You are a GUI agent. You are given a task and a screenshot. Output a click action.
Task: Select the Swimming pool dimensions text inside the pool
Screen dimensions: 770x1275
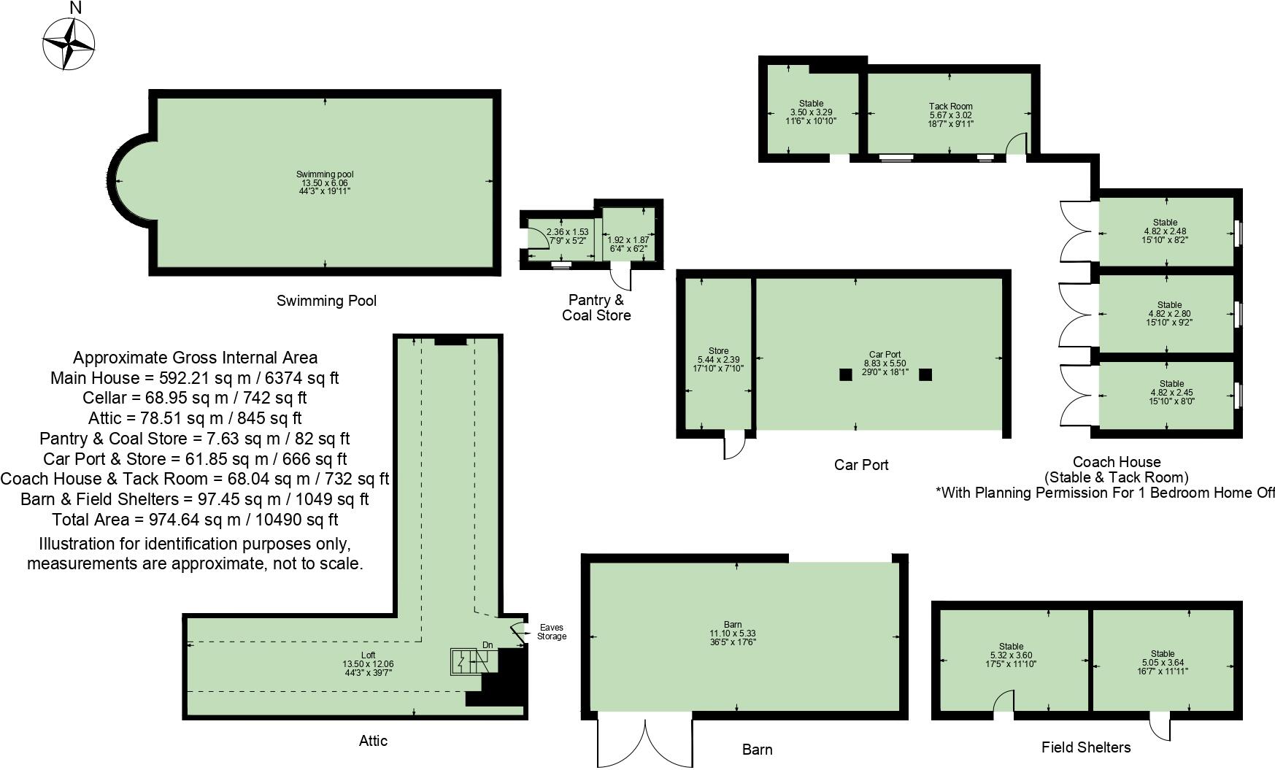click(x=325, y=182)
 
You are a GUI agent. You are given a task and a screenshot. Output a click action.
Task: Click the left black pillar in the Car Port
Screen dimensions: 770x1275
click(x=845, y=374)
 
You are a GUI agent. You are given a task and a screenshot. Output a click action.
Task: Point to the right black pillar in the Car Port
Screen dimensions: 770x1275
click(x=925, y=374)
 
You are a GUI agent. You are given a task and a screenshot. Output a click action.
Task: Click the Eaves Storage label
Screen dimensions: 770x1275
click(x=551, y=632)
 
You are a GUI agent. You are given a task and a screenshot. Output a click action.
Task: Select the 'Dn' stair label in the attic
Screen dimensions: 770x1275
click(x=488, y=645)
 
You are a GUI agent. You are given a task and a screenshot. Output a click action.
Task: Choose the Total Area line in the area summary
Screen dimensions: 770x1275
click(x=195, y=520)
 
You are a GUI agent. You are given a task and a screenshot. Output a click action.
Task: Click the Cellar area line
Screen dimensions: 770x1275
click(x=195, y=398)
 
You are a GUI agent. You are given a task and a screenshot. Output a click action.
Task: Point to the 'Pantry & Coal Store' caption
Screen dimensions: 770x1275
click(x=596, y=307)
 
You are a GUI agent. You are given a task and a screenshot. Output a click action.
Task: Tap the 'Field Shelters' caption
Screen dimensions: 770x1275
click(x=1085, y=747)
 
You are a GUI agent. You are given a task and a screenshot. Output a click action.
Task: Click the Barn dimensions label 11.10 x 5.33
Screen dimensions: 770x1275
click(x=733, y=634)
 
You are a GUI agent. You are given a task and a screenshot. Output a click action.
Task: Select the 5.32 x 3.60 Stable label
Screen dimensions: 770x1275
click(x=1011, y=655)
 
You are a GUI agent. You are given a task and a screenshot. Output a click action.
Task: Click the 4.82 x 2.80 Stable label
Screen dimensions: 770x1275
click(x=1169, y=314)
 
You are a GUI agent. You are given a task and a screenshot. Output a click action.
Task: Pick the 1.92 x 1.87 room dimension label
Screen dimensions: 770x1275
click(x=628, y=244)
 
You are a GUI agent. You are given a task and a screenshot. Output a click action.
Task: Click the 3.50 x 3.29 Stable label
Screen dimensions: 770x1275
click(x=811, y=112)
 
